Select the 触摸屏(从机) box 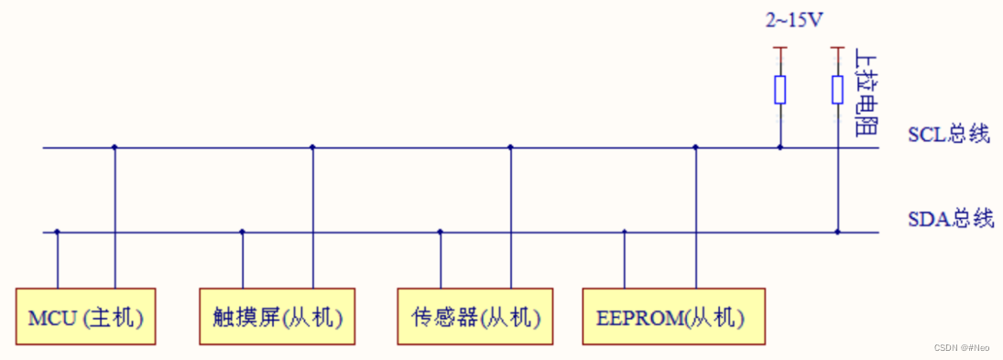coord(278,318)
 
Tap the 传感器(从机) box coord(475,318)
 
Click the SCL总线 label coord(949,134)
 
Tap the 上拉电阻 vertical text coord(862,92)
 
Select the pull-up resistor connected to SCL coord(780,90)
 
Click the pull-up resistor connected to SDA coord(837,90)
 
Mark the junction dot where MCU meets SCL coord(114,147)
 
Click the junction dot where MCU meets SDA coord(57,232)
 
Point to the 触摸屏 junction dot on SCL coord(312,147)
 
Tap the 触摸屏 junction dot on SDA coord(243,232)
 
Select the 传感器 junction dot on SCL coord(510,147)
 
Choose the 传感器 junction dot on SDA coord(441,232)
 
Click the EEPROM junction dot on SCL coord(695,147)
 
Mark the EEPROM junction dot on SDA coord(625,232)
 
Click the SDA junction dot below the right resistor coord(837,232)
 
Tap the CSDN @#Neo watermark coord(962,348)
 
